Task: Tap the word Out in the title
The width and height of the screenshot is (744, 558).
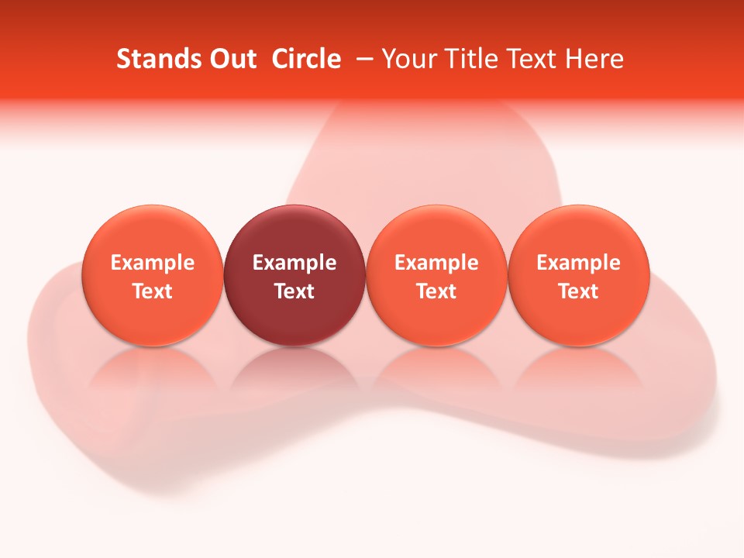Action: [x=231, y=59]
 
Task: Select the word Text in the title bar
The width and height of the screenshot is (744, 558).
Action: [x=532, y=59]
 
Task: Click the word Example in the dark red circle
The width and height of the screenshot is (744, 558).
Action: [x=294, y=263]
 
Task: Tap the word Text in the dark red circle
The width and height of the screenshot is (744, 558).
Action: [x=294, y=291]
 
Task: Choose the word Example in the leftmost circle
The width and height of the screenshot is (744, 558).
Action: [x=152, y=263]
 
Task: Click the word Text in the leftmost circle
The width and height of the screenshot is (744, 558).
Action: [x=152, y=291]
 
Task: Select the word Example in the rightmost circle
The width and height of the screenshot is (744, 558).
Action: [x=579, y=263]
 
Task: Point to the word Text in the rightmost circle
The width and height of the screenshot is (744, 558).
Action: [x=579, y=291]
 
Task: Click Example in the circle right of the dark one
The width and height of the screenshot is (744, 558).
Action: [x=436, y=263]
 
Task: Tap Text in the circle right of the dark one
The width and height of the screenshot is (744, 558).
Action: [x=436, y=291]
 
